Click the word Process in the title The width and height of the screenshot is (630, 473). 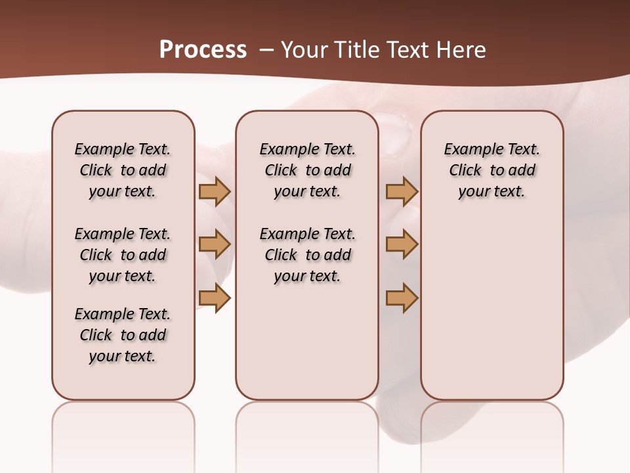(203, 50)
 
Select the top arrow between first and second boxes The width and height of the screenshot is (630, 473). (215, 191)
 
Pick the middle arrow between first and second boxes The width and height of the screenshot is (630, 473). (215, 244)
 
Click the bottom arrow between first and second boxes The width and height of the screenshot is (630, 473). (215, 298)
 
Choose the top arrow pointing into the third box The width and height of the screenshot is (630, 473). (402, 191)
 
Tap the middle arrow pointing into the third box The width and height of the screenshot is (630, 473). (402, 244)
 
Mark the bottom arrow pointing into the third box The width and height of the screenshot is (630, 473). (402, 298)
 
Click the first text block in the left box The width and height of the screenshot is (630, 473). (123, 170)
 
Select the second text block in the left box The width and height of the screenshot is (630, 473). (123, 255)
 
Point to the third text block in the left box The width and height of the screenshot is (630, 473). (123, 335)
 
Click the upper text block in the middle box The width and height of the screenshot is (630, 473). (307, 170)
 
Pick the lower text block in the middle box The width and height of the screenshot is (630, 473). (307, 255)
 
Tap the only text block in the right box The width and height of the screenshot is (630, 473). (492, 170)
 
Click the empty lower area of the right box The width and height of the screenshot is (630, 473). (492, 309)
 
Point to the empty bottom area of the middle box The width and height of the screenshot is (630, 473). (307, 348)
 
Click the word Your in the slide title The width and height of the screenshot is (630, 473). (306, 50)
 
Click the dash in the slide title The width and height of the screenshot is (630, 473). (266, 50)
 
